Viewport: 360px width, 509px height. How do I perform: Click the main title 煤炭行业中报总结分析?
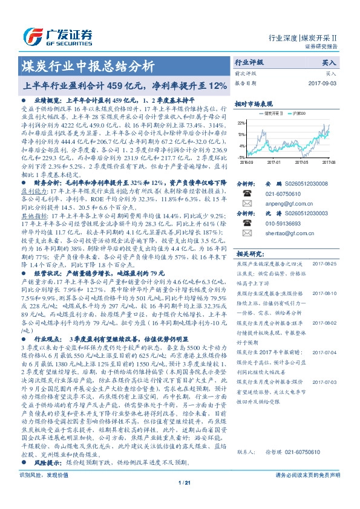point(88,66)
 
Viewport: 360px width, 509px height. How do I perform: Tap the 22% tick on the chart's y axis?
point(242,123)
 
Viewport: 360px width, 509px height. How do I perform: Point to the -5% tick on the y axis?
point(242,157)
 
